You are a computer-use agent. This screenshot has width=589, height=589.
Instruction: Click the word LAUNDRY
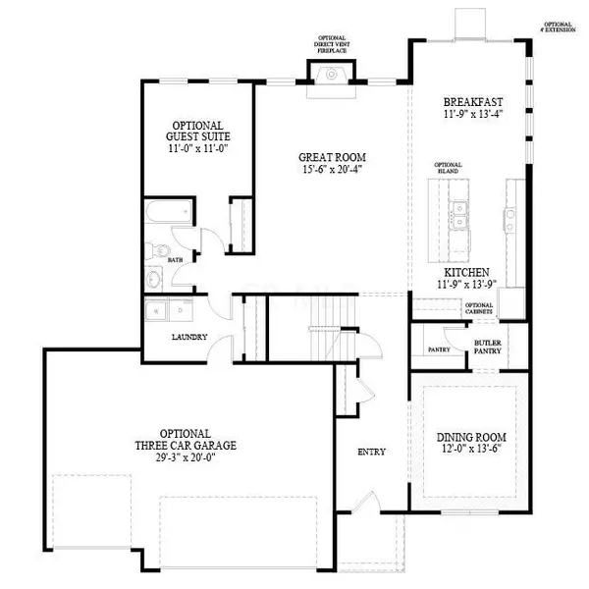click(x=188, y=337)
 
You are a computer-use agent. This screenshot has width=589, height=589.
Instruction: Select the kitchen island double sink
click(x=456, y=213)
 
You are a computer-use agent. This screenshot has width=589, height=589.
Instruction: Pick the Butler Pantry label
click(x=488, y=346)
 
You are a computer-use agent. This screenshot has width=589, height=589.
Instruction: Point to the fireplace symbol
click(x=331, y=74)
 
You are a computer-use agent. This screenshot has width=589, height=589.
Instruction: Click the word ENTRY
click(x=371, y=452)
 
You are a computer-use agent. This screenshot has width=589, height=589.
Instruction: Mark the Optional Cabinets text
click(x=478, y=308)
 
